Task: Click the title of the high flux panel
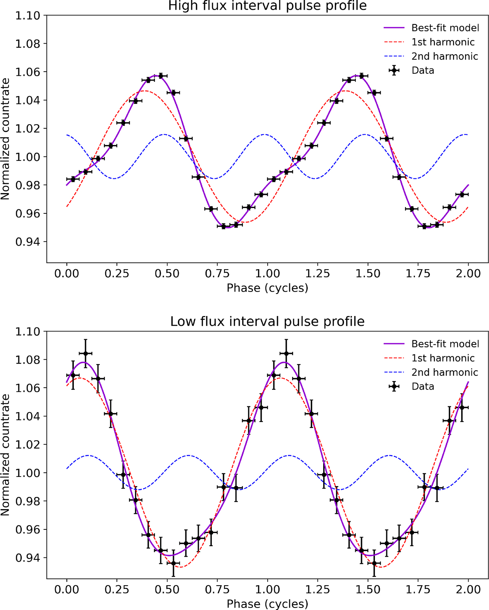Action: [267, 6]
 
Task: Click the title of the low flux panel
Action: [267, 322]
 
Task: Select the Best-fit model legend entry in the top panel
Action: [445, 28]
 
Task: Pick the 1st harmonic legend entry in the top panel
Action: [443, 42]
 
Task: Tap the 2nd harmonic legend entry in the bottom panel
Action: [445, 372]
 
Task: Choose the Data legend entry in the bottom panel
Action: [423, 386]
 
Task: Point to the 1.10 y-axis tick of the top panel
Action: [28, 15]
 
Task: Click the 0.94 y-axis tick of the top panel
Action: [28, 242]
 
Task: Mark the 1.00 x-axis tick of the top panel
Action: [267, 273]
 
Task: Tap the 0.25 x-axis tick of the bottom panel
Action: [117, 589]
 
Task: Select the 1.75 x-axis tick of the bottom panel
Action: [418, 589]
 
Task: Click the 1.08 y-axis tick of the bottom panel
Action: [28, 360]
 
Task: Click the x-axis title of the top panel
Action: [267, 288]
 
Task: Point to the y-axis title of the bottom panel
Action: [5, 455]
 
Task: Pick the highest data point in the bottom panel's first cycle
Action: [86, 353]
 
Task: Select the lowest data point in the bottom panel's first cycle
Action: [174, 563]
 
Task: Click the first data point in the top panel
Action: [73, 179]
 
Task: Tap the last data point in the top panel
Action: [462, 194]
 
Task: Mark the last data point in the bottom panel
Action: [462, 407]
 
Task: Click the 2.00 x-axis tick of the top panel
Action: [468, 273]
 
